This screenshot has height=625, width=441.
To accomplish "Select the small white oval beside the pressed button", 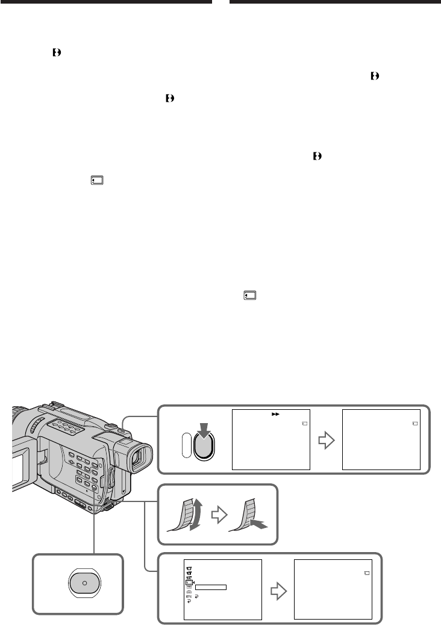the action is tap(186, 449).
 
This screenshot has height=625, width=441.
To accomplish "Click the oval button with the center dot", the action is tap(84, 584).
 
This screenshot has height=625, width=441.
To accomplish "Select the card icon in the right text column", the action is tap(250, 295).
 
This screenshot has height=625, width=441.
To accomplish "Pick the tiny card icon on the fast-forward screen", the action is tap(304, 424).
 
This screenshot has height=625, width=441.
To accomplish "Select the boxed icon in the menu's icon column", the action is tap(189, 582).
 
